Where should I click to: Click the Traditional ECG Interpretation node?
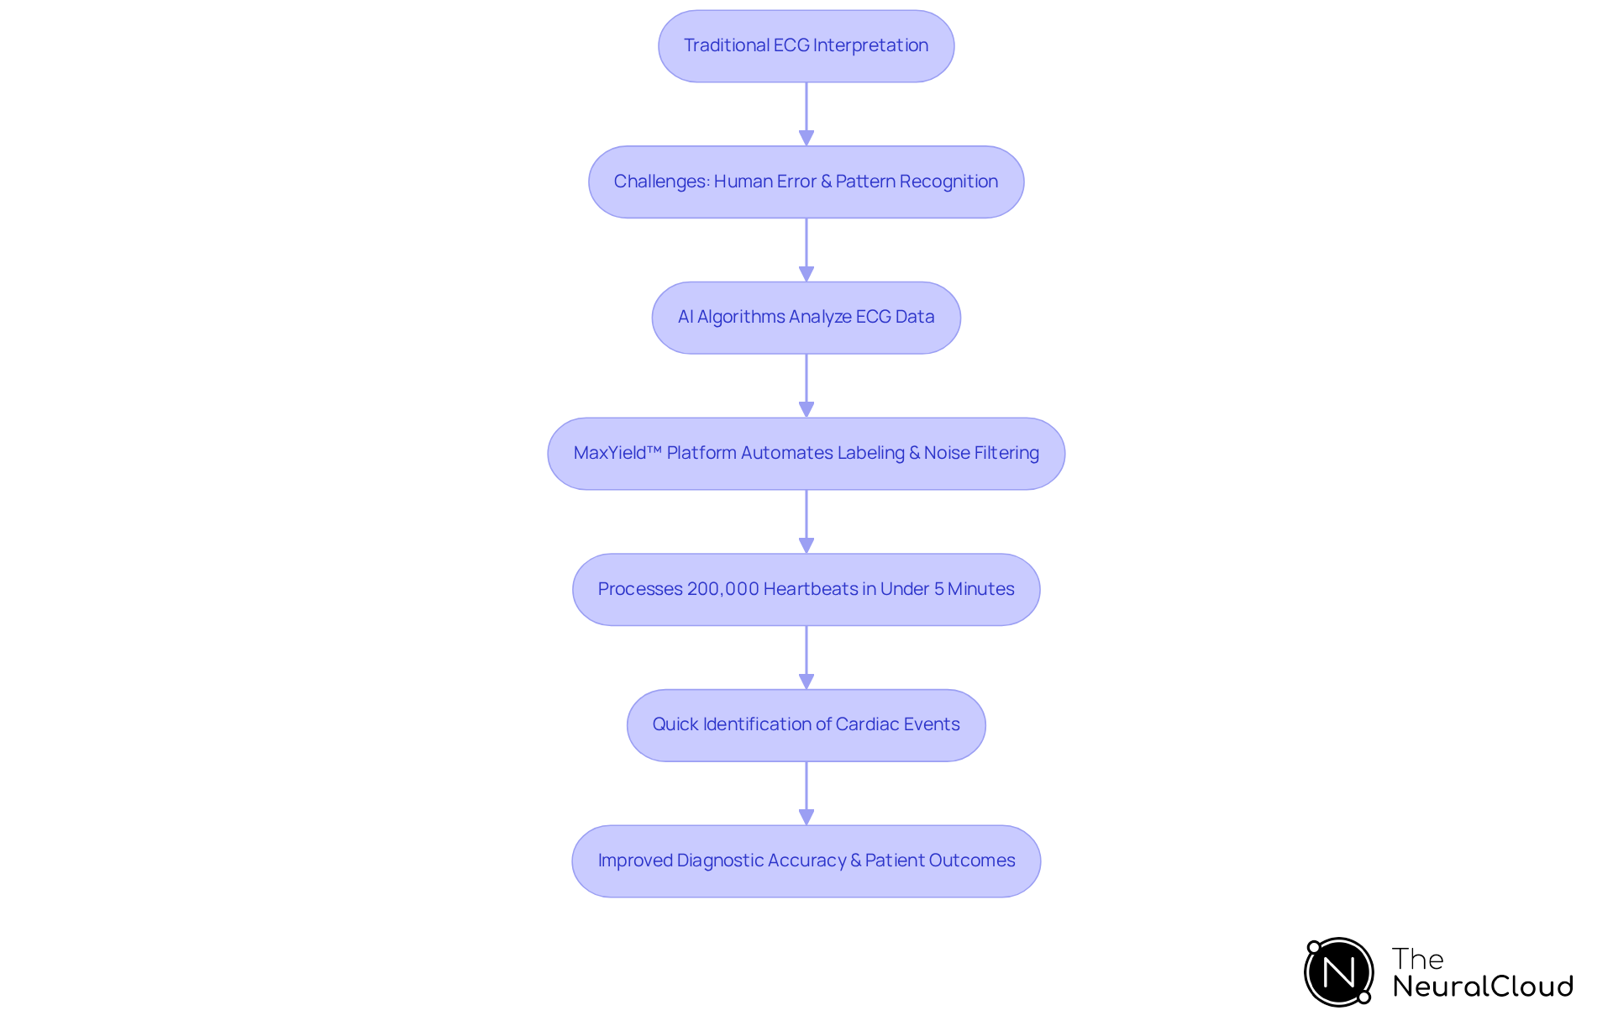[x=806, y=46]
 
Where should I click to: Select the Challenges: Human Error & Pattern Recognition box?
[x=806, y=182]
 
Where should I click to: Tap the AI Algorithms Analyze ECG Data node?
[x=806, y=318]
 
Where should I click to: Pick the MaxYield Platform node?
[x=806, y=454]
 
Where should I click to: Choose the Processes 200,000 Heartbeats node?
[x=806, y=589]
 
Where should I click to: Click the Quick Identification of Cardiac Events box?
[x=806, y=725]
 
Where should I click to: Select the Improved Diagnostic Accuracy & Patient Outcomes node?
[x=806, y=861]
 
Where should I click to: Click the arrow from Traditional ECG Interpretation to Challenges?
[x=806, y=113]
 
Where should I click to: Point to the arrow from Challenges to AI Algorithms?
[x=806, y=250]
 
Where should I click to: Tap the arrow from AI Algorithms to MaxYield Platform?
[x=806, y=385]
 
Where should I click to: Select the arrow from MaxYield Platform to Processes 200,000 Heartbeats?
[x=806, y=521]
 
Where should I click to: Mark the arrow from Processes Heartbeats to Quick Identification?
[x=806, y=657]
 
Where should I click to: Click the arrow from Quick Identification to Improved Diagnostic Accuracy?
[x=806, y=792]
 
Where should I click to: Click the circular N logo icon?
[x=1338, y=972]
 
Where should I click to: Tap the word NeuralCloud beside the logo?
[x=1482, y=987]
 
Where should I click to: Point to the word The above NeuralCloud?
[x=1417, y=959]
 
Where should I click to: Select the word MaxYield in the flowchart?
[x=610, y=453]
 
